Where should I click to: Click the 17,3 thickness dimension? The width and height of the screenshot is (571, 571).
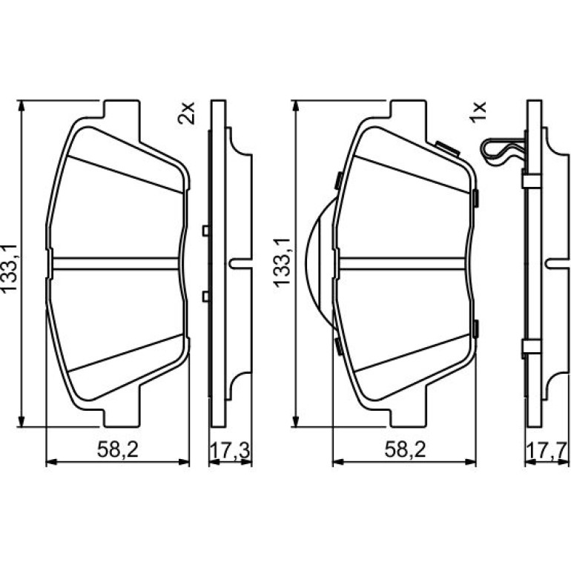pos(230,451)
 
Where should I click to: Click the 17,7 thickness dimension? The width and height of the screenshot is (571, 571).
pos(547,451)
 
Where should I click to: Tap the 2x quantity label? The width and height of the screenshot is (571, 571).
pos(186,113)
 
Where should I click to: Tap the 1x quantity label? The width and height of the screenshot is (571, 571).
pos(478,113)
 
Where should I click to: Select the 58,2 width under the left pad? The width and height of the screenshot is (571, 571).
pos(118,450)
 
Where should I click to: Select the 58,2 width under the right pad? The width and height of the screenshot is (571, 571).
pos(405,450)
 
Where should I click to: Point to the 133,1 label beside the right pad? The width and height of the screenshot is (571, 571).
pos(283,263)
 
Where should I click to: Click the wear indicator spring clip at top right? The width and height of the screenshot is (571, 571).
pos(504,151)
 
